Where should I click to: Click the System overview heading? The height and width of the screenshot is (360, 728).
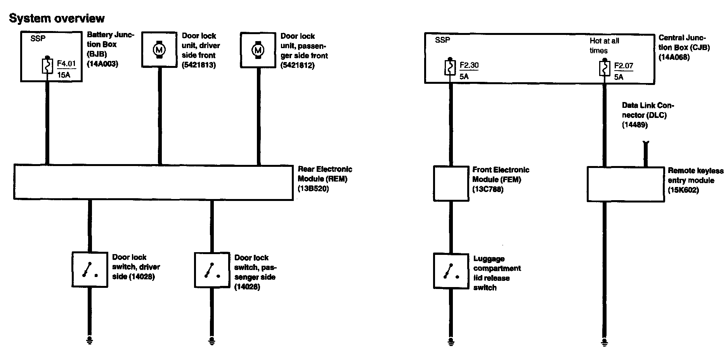click(57, 18)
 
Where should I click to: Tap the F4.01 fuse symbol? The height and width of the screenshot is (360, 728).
click(47, 66)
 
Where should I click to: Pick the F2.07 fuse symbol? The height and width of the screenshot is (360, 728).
click(605, 69)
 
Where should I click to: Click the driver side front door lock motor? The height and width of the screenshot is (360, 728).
click(159, 50)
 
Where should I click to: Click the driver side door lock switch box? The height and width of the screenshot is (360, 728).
click(90, 270)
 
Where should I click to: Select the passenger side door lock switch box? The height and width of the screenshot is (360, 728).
click(212, 270)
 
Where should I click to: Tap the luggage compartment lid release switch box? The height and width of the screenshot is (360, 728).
click(451, 271)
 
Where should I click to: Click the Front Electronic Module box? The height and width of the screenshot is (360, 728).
click(451, 183)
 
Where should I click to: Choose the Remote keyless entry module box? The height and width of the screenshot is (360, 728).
click(626, 184)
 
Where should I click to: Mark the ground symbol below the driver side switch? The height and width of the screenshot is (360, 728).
click(90, 341)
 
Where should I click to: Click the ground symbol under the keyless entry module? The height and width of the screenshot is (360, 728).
click(604, 341)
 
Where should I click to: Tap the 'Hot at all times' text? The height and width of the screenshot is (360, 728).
click(604, 46)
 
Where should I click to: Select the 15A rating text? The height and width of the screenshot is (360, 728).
click(64, 75)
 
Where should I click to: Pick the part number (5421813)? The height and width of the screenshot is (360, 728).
click(199, 65)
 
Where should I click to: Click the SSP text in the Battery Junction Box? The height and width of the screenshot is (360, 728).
click(38, 39)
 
